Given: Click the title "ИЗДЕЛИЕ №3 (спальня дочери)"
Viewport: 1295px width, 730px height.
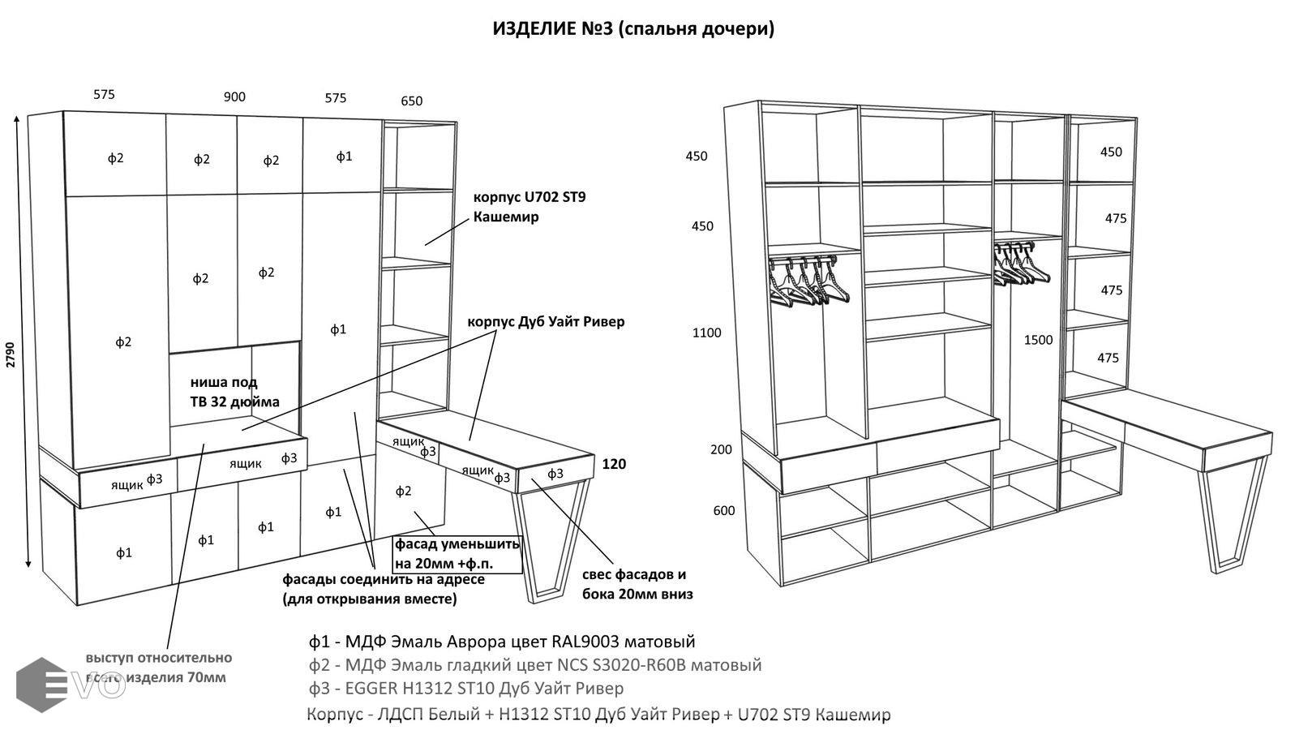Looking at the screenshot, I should click(x=633, y=29).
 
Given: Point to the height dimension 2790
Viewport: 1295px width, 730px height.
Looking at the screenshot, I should click(x=11, y=354).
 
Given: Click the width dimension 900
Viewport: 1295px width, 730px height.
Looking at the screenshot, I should click(x=234, y=97).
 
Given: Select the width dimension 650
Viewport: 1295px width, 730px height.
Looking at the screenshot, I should click(x=411, y=101).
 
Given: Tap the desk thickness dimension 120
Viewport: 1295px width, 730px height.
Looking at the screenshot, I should click(x=614, y=465).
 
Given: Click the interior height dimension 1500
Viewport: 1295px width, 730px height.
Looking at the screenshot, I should click(x=1038, y=341).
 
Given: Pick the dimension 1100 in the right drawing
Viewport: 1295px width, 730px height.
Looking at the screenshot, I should click(x=706, y=333).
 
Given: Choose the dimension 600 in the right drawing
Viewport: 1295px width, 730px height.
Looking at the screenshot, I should click(x=724, y=511).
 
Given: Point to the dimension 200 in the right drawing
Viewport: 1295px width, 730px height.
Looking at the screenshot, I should click(x=721, y=449).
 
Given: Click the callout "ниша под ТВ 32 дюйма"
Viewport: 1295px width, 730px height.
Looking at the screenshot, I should click(x=234, y=392).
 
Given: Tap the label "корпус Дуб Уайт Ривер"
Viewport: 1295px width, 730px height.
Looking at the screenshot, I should click(x=546, y=322).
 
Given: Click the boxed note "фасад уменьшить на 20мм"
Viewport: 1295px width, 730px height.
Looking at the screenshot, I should click(x=457, y=553).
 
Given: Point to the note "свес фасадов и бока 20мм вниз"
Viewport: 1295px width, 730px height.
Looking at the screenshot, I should click(x=637, y=584).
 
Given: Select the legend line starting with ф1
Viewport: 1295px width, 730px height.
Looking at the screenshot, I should click(x=502, y=642).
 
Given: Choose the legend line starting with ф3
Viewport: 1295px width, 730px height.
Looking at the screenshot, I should click(x=466, y=689).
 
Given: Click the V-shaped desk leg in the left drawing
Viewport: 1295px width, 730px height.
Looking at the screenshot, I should click(x=551, y=539).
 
